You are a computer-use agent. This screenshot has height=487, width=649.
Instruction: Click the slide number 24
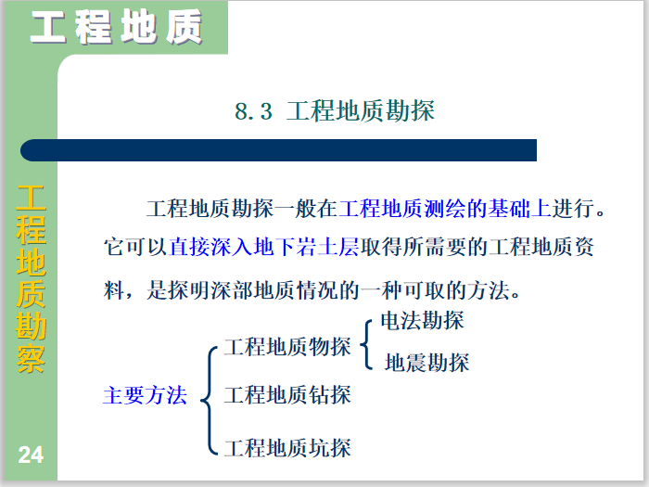(31, 455)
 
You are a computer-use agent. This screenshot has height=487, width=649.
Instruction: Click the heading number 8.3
(253, 112)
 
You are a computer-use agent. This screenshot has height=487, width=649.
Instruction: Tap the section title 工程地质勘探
(361, 112)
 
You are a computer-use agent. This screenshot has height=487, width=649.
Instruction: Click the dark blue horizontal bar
(278, 150)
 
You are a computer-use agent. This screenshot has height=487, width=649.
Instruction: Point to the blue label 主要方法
(145, 396)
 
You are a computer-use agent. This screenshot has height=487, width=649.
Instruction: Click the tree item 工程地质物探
(287, 348)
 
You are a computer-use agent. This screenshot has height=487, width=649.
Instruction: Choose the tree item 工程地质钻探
(287, 394)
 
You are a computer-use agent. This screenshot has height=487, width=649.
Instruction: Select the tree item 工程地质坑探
(287, 448)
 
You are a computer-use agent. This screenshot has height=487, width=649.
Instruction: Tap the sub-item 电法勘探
(423, 322)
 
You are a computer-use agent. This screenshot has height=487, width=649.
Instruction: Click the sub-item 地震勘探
(426, 363)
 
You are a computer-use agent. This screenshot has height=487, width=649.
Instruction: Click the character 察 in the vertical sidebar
(31, 358)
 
